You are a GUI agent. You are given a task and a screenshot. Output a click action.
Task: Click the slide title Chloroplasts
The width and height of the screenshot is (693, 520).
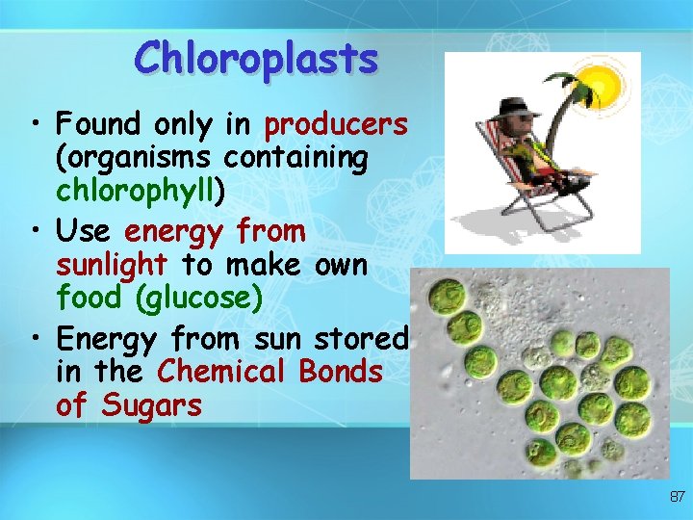256,58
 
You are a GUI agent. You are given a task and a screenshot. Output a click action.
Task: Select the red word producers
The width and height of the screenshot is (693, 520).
336,125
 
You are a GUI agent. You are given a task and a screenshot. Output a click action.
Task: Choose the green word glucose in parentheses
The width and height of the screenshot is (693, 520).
198,299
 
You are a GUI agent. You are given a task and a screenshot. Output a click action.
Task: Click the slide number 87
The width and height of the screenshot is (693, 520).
677,497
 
